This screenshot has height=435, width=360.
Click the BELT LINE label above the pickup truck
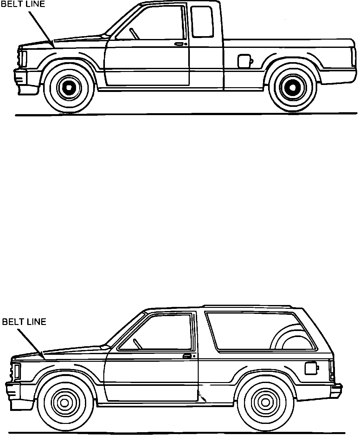pos(23,4)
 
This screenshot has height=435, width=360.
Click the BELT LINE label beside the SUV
pos(24,322)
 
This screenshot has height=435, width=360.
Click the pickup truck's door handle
pos(180,44)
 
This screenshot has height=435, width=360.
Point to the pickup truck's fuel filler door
pos(244,61)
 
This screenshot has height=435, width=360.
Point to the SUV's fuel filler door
pos(310,368)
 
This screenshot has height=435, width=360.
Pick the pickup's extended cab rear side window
pos(202,21)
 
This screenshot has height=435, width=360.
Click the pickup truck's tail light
pos(353,57)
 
